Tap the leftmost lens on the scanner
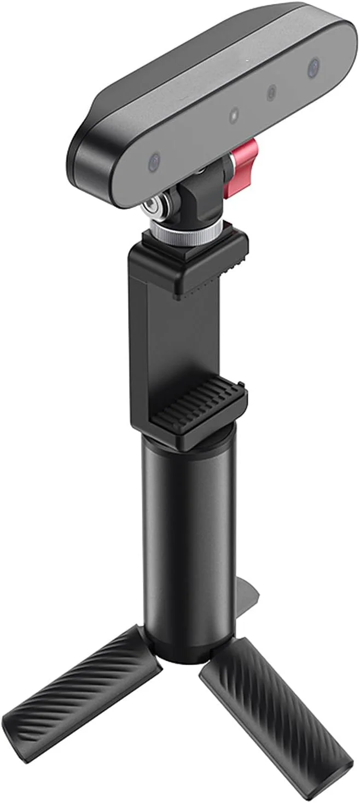point(154,161)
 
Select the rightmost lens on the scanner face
point(314,67)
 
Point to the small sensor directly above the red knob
point(234,115)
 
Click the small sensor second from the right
point(271,93)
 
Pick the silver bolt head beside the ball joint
point(149,208)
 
